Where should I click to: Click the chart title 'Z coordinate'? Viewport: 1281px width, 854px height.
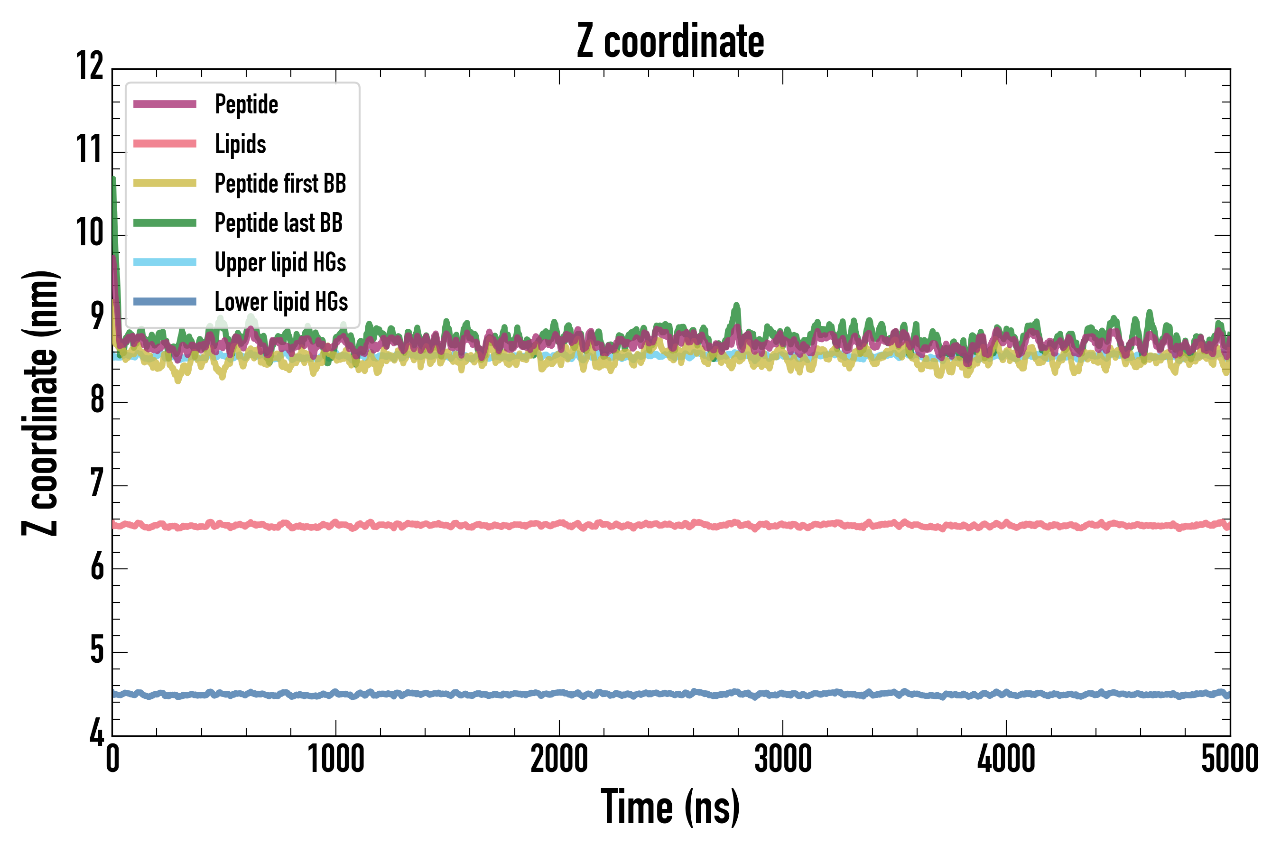[670, 41]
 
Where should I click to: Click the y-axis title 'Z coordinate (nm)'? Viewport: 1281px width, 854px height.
[40, 402]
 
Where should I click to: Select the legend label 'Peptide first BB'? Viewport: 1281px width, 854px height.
[280, 184]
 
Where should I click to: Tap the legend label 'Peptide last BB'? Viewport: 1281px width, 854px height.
[278, 223]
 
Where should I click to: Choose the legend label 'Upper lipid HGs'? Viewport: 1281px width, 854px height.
[280, 262]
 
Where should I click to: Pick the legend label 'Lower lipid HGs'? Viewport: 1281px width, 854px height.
[281, 302]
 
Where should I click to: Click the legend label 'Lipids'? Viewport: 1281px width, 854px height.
[240, 144]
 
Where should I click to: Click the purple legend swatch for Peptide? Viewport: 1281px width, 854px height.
[165, 104]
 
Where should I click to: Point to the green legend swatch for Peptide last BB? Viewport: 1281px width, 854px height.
[165, 223]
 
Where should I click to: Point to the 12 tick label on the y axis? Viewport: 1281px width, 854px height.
[89, 66]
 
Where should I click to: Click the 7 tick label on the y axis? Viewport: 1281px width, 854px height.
[96, 483]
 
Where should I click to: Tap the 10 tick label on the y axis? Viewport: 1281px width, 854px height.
[89, 232]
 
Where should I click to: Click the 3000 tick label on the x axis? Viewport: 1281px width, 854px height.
[783, 759]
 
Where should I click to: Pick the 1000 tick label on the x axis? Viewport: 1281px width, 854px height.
[335, 759]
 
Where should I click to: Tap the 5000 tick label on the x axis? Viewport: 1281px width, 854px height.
[1229, 759]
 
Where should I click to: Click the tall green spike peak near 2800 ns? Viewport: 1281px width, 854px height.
[737, 306]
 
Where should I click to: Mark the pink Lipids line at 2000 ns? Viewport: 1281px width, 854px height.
[559, 524]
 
